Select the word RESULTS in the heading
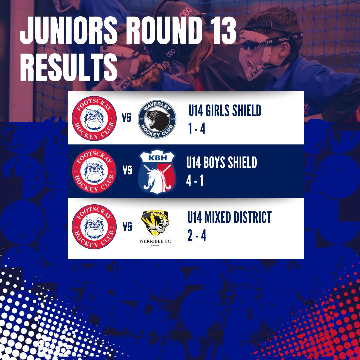(69, 67)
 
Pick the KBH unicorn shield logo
(157, 172)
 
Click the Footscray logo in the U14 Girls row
(94, 118)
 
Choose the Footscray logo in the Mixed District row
(94, 227)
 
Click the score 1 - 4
(197, 129)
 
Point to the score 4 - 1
(195, 181)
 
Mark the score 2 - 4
(197, 236)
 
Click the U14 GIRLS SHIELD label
(225, 110)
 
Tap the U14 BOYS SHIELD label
(222, 163)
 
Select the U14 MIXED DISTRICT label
(229, 217)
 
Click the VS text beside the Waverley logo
(126, 118)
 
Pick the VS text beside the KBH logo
(127, 170)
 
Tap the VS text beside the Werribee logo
(127, 227)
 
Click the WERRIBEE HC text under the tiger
(155, 241)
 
